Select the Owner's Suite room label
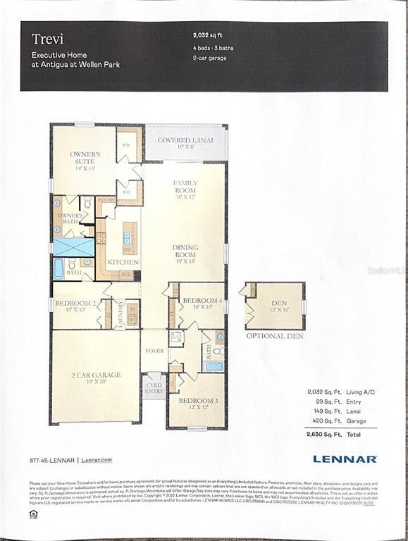(x=85, y=157)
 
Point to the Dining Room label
(x=185, y=251)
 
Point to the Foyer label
(x=155, y=351)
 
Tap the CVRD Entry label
(x=154, y=388)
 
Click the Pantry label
(x=106, y=200)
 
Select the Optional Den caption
(x=274, y=336)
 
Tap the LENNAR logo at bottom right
(x=345, y=459)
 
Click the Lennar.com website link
(x=97, y=459)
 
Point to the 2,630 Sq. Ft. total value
(x=321, y=435)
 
